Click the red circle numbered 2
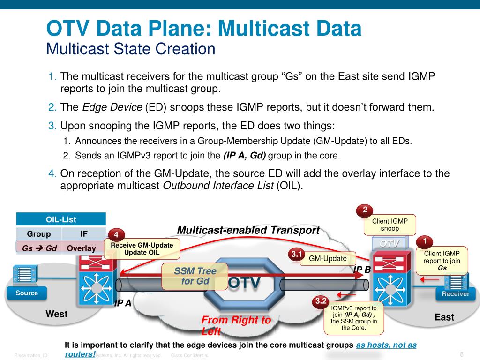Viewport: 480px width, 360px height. coord(365,210)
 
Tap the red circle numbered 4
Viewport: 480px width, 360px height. coord(116,235)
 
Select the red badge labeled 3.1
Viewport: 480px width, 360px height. coord(297,255)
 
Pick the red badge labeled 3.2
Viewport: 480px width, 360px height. coord(321,301)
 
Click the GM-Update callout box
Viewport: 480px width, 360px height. coord(328,258)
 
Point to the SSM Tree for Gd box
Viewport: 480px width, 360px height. coord(195,276)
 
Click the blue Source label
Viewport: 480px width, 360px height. coord(27,293)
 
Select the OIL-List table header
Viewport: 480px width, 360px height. coord(61,219)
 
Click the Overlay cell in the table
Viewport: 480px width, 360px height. coord(82,248)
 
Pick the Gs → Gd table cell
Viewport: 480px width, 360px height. coord(39,248)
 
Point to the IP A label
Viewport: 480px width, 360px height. coord(123,303)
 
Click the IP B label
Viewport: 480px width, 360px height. coord(362,270)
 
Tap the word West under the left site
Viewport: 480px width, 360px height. coord(56,314)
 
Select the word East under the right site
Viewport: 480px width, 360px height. coord(444,317)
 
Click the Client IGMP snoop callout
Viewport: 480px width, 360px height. coord(390,225)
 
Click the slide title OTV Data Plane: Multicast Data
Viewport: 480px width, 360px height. coord(204,29)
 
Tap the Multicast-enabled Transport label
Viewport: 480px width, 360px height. coord(248,230)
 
